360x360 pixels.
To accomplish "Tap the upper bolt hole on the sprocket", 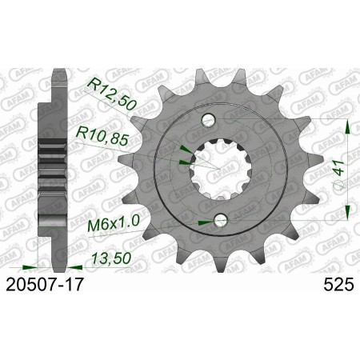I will click(x=210, y=120).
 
